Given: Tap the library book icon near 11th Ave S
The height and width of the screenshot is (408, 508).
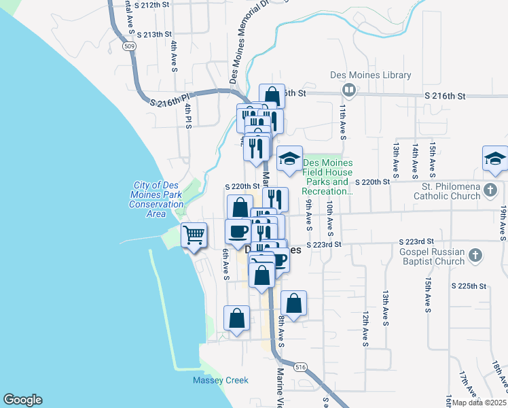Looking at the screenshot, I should click(348, 90).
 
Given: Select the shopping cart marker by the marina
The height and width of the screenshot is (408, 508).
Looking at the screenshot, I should click(194, 235).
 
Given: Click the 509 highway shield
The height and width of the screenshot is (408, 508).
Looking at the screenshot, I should click(129, 47).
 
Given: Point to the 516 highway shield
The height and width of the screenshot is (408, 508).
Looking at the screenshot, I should click(300, 367).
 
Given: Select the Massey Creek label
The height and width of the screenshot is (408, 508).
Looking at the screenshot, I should click(220, 380).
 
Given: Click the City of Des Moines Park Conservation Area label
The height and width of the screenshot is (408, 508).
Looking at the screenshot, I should click(156, 199).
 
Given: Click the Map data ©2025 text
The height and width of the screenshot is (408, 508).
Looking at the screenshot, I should click(478, 403).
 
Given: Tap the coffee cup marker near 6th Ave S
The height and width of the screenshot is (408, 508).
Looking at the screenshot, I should click(238, 231).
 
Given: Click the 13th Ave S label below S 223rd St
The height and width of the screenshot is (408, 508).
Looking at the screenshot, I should click(385, 308).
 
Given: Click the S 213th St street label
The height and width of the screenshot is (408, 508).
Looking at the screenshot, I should click(154, 34).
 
